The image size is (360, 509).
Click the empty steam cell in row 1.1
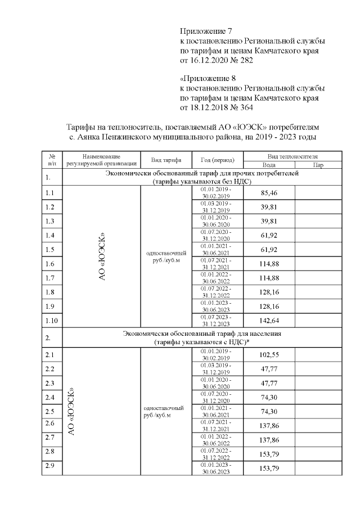[x=318, y=193]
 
